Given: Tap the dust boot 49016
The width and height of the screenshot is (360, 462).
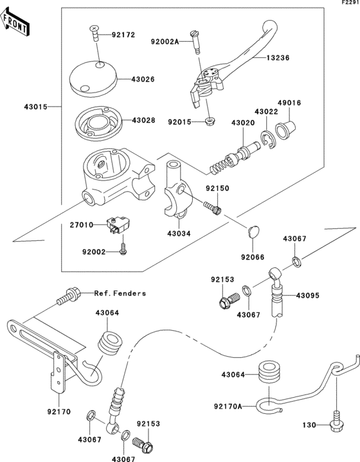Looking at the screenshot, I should [x=283, y=129].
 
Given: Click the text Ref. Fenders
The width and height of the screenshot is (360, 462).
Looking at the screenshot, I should [x=120, y=293].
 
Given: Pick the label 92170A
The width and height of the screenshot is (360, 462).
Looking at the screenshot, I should [x=228, y=406].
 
